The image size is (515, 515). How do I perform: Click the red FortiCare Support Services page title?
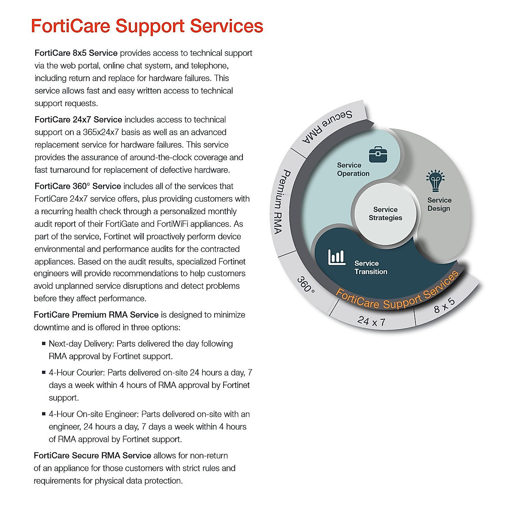[147, 26]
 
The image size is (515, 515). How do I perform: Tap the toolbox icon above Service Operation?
[378, 154]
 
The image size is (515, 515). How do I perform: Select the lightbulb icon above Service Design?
[435, 181]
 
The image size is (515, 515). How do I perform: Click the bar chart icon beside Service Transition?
[336, 257]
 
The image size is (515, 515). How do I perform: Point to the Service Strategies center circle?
[385, 214]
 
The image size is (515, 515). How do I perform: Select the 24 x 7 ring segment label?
[371, 321]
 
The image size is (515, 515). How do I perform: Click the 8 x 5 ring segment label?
[444, 305]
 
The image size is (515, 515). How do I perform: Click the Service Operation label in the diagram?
[353, 170]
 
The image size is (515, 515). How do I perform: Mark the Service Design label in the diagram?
[439, 204]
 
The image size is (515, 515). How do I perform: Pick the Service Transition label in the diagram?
[370, 267]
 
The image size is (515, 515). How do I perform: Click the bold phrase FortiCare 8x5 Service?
[76, 53]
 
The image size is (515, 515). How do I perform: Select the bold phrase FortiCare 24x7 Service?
[78, 120]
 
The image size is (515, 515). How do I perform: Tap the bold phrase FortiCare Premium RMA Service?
[96, 315]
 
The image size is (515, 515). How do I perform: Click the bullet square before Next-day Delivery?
[44, 343]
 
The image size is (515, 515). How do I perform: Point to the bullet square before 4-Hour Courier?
[44, 372]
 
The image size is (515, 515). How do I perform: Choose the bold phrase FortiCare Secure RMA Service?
[92, 455]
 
